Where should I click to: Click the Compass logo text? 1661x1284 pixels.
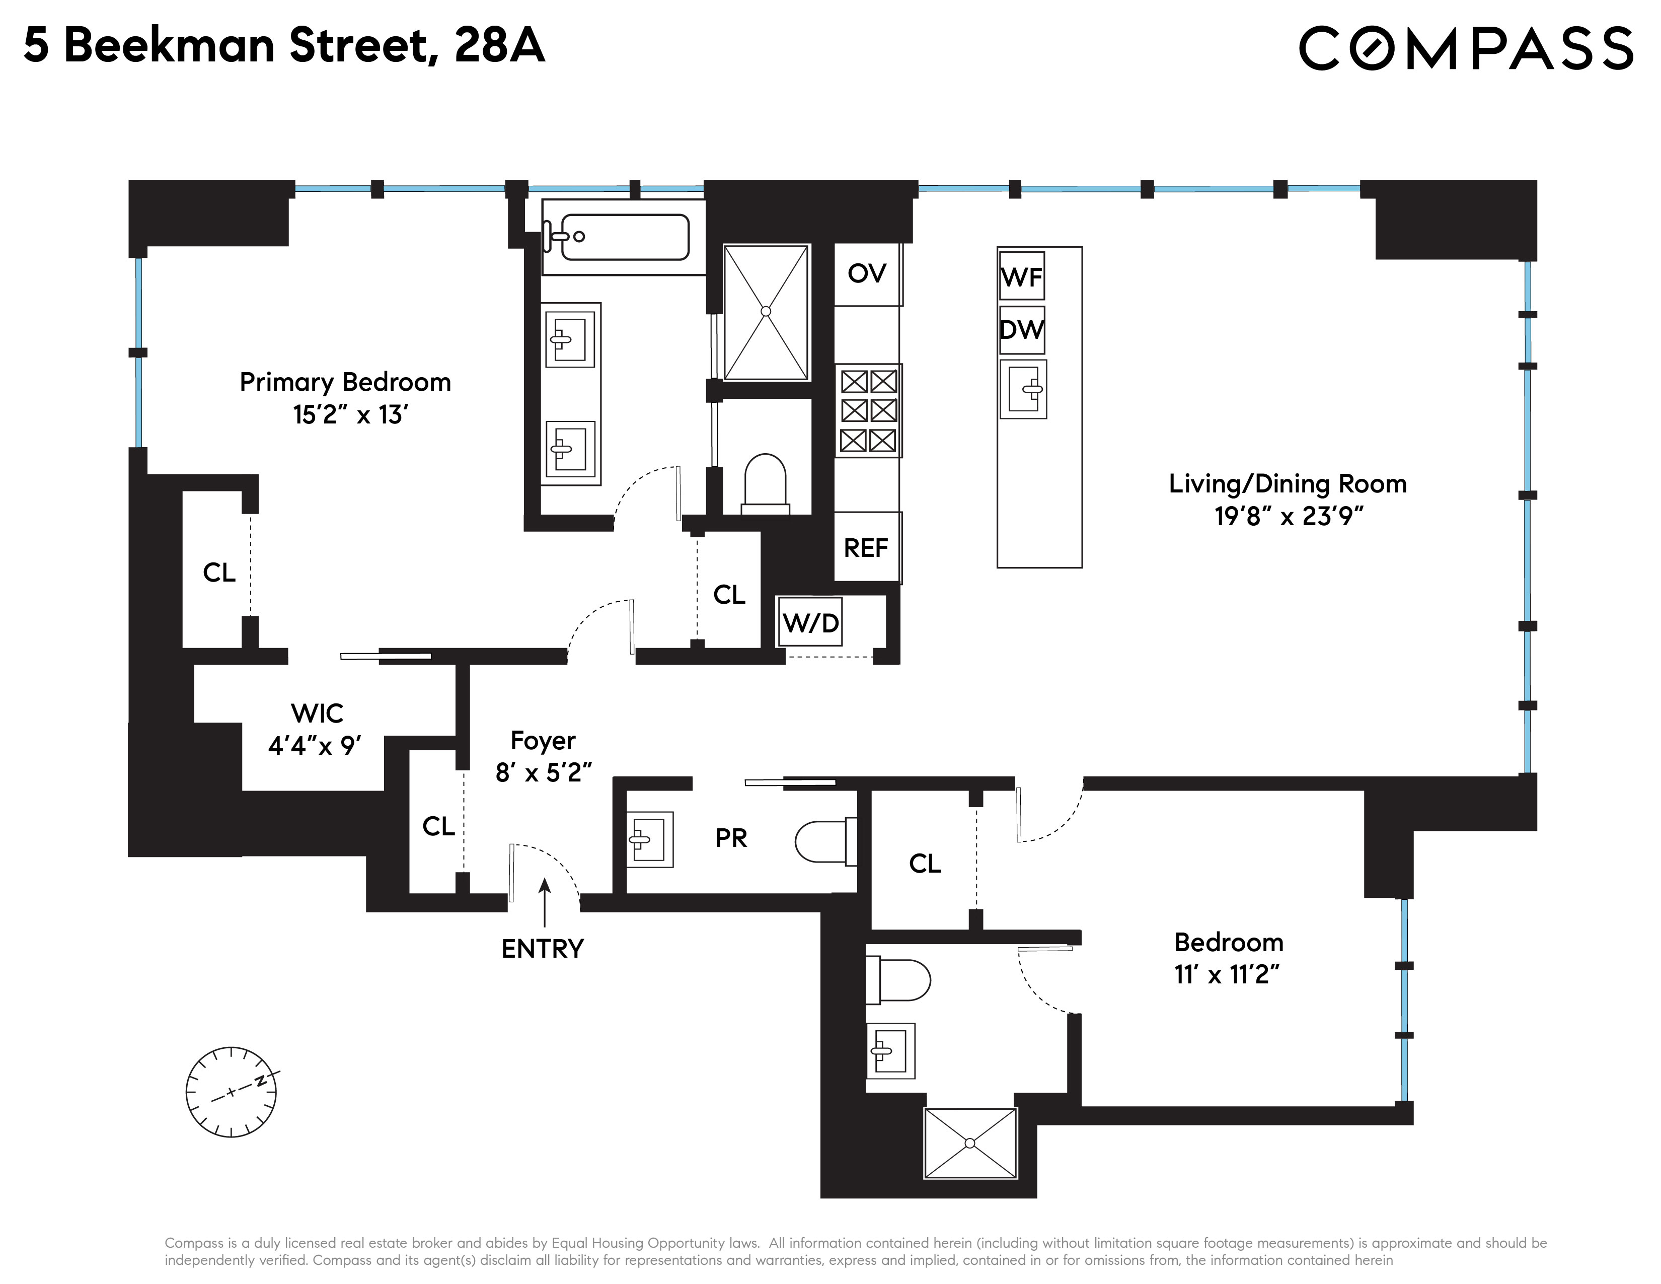(x=1465, y=47)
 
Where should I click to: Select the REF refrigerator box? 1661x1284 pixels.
(x=866, y=548)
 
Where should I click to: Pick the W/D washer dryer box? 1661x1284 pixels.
(x=810, y=623)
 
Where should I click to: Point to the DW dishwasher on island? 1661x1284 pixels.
(x=1021, y=329)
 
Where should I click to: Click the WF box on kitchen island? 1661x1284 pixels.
(x=1021, y=277)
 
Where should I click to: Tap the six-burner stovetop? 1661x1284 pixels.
(x=868, y=411)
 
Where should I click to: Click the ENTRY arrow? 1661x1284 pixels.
(x=544, y=901)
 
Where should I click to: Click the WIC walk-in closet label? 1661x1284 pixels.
(x=317, y=714)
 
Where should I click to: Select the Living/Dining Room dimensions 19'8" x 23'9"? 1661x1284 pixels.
(x=1287, y=517)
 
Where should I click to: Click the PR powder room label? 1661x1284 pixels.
(x=731, y=838)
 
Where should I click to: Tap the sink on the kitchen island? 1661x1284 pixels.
(x=1024, y=389)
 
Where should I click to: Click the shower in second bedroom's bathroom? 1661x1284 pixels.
(x=970, y=1144)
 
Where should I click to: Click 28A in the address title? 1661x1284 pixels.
(x=499, y=46)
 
